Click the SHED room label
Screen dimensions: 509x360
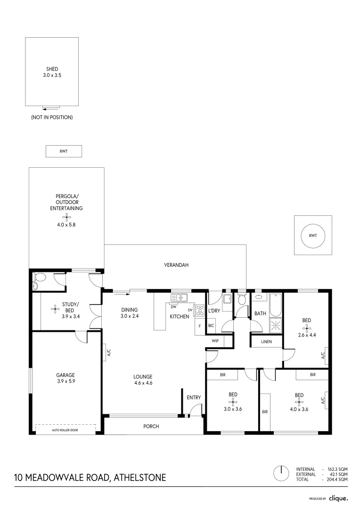point(52,69)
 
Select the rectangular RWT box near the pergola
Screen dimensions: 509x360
point(64,151)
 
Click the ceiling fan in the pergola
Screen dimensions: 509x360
point(66,217)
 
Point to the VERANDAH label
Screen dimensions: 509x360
point(176,265)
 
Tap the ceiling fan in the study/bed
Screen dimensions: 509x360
point(56,309)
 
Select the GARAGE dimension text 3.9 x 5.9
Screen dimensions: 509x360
point(66,381)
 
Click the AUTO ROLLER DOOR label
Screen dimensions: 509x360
point(66,430)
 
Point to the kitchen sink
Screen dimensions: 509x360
point(179,297)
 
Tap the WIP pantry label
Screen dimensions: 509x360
point(215,340)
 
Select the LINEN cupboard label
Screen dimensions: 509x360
point(266,341)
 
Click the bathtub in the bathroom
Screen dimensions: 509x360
point(275,304)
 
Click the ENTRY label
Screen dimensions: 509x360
point(194,397)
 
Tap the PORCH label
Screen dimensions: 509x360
point(151,426)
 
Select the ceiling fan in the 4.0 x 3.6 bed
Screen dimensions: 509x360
point(298,402)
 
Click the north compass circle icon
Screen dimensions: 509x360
point(281,473)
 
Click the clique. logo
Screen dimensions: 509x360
point(338,498)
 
